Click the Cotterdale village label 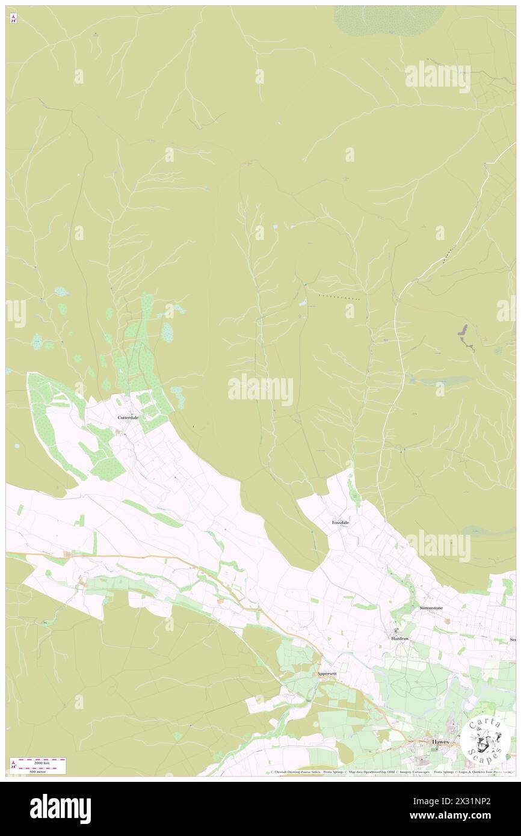click(128, 417)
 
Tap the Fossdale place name click(340, 523)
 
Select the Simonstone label click(431, 608)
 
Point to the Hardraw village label click(400, 638)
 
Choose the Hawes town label click(440, 742)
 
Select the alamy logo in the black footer click(60, 808)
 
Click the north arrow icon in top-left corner click(13, 18)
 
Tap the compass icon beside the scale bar click(13, 765)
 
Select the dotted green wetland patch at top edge click(388, 20)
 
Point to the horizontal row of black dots click(339, 298)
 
